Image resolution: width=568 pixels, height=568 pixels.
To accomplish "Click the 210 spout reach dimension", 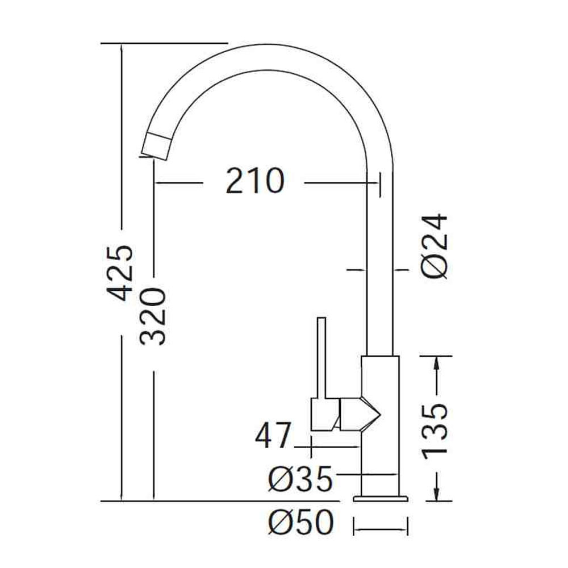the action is pos(255,181).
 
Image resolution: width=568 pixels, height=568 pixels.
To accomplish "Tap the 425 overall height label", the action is pos(121,273).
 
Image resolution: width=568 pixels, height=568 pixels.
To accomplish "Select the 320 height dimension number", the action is pos(153,316).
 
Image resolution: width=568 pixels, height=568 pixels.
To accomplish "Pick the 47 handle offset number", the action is pos(273,435).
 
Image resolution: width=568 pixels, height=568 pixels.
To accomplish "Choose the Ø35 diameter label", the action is pos(300,478).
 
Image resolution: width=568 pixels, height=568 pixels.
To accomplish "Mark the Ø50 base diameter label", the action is pos(300,521).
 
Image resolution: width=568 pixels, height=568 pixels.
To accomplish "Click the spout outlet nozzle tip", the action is pos(156,145).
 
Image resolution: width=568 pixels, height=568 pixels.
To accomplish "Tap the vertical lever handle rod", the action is pos(321,358).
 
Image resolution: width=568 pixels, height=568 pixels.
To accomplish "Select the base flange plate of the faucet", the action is pos(381,499).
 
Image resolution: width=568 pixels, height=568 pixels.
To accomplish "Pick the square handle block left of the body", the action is pos(325,415).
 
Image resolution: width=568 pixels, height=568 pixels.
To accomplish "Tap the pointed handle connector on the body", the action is pos(360,414).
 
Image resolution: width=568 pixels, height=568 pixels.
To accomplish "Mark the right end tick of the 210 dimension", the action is pos(380,185).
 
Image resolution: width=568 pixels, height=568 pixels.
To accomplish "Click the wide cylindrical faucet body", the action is pos(381,425).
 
